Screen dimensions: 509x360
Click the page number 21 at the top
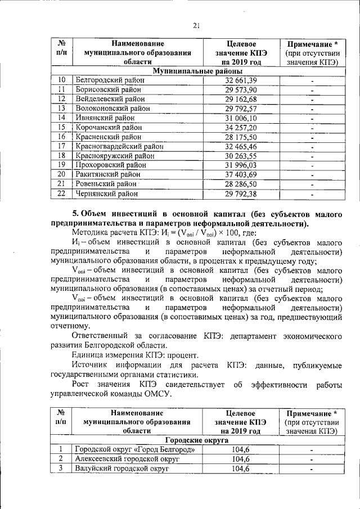point(196,25)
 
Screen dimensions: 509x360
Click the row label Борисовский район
point(107,90)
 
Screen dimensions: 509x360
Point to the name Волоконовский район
point(112,109)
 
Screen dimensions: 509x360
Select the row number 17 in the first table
point(62,146)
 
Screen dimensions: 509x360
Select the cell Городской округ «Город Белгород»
point(134,449)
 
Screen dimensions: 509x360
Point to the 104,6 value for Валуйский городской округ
point(241,469)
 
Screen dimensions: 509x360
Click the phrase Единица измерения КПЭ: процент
point(135,355)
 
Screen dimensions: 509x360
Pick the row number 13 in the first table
point(62,109)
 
